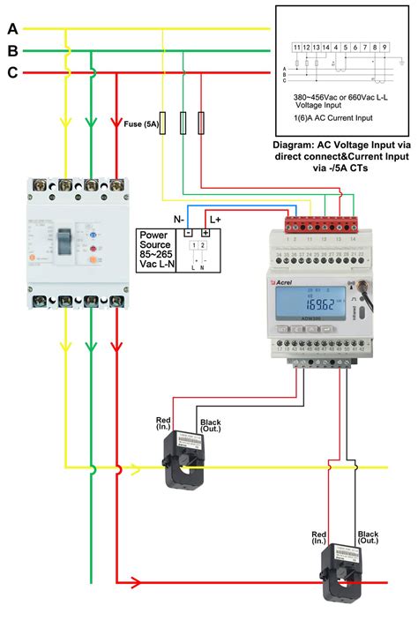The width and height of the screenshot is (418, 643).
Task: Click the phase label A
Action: click(12, 27)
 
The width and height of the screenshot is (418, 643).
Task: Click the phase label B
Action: click(12, 50)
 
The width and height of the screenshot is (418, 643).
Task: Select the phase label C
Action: click(12, 73)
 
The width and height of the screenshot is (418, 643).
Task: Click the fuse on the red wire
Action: click(203, 122)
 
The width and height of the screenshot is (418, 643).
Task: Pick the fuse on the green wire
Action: click(183, 122)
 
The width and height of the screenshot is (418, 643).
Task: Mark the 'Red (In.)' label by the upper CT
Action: click(163, 424)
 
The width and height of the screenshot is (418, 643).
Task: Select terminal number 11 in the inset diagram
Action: click(296, 45)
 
